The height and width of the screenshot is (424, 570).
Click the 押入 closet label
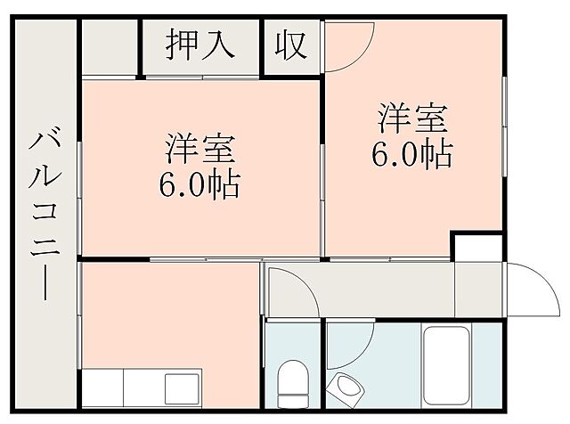point(200,45)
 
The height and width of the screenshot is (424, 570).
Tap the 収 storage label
point(290,45)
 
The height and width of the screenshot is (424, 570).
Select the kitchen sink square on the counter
point(183,388)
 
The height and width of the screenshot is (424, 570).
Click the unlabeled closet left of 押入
point(112,45)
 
